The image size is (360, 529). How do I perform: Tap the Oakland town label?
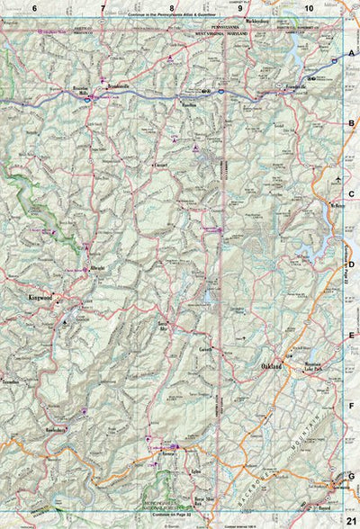pos(271,368)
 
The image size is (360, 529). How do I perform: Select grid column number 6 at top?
pos(34,8)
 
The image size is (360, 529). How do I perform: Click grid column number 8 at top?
pos(171,8)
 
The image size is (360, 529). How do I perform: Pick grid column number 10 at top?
pos(309,8)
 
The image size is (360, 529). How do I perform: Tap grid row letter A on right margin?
pos(352,54)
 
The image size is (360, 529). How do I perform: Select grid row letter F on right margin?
pos(352,406)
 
